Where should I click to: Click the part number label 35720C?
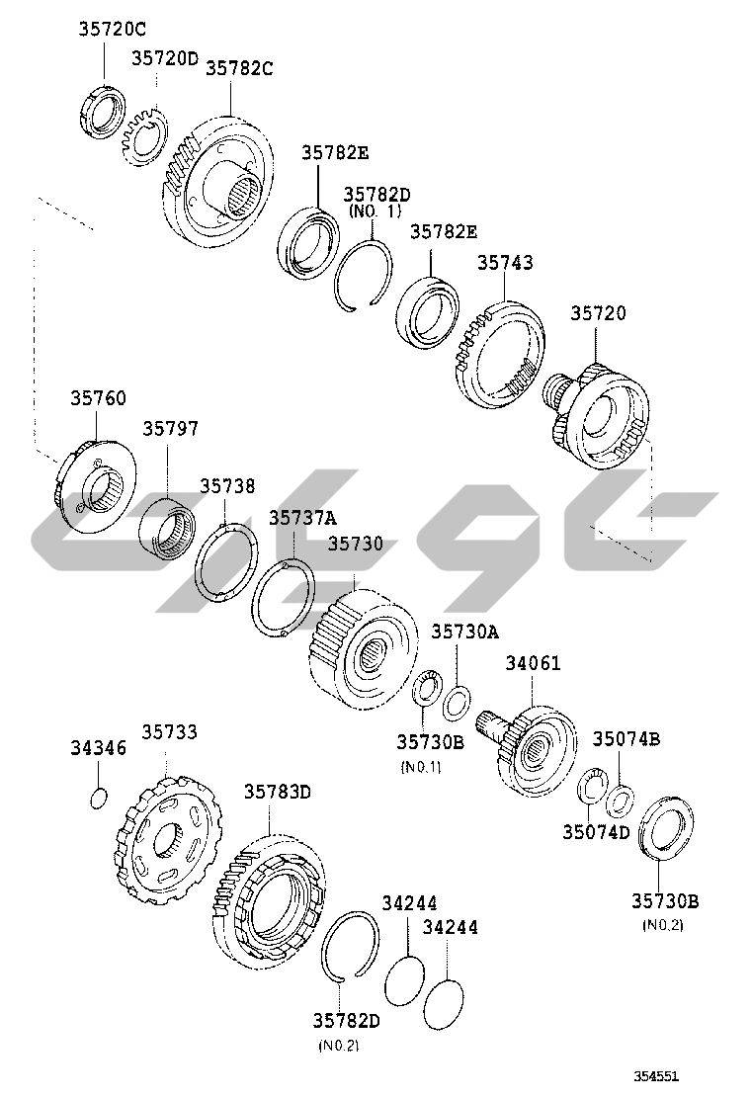click(x=112, y=29)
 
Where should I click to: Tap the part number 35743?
click(x=505, y=262)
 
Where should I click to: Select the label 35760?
click(x=98, y=398)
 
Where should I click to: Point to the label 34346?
click(x=98, y=748)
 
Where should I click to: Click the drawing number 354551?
click(x=656, y=1076)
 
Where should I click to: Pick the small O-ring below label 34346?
click(x=99, y=798)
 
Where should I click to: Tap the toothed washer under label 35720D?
click(x=145, y=133)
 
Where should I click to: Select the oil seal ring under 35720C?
click(x=101, y=110)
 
